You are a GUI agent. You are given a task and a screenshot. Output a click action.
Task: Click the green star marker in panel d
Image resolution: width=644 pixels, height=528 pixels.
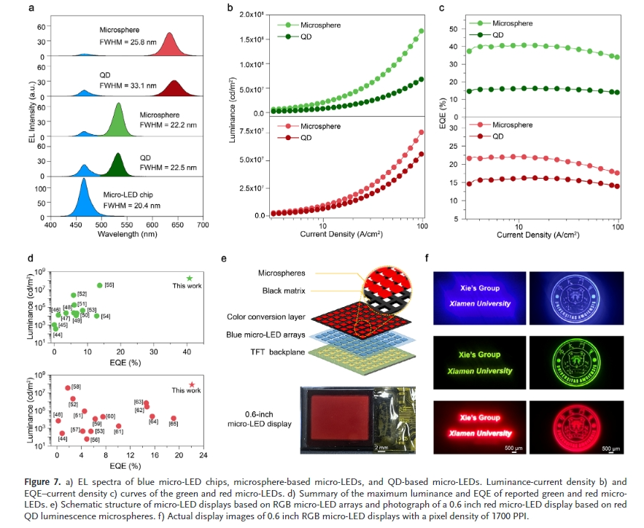[x=190, y=279]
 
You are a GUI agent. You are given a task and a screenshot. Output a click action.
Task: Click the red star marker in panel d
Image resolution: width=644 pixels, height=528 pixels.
[x=192, y=384]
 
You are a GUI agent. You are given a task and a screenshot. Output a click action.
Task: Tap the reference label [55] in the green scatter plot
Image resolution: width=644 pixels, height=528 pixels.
[x=109, y=284]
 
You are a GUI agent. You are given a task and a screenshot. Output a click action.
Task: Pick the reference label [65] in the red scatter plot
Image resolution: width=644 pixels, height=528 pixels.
[x=174, y=423]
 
